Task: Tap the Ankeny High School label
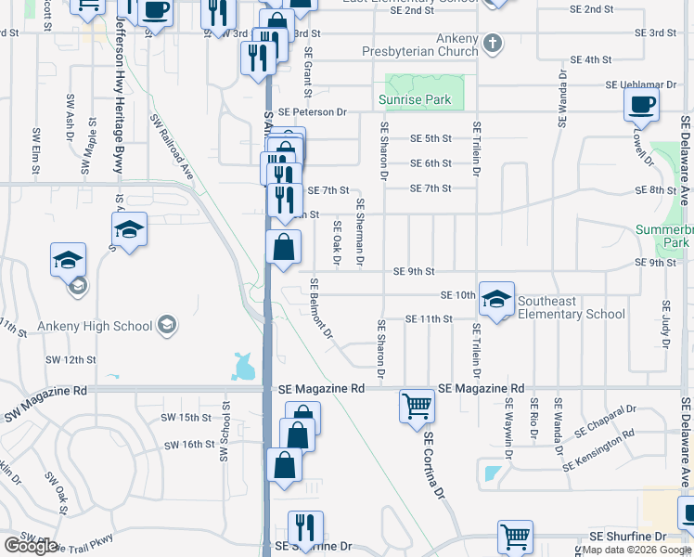pyautogui.click(x=94, y=326)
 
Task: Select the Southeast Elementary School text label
pyautogui.click(x=571, y=307)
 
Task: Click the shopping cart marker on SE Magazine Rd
pyautogui.click(x=417, y=405)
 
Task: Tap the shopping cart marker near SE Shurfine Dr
pyautogui.click(x=515, y=536)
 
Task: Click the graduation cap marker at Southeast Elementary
pyautogui.click(x=496, y=298)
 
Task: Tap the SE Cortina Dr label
pyautogui.click(x=436, y=464)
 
